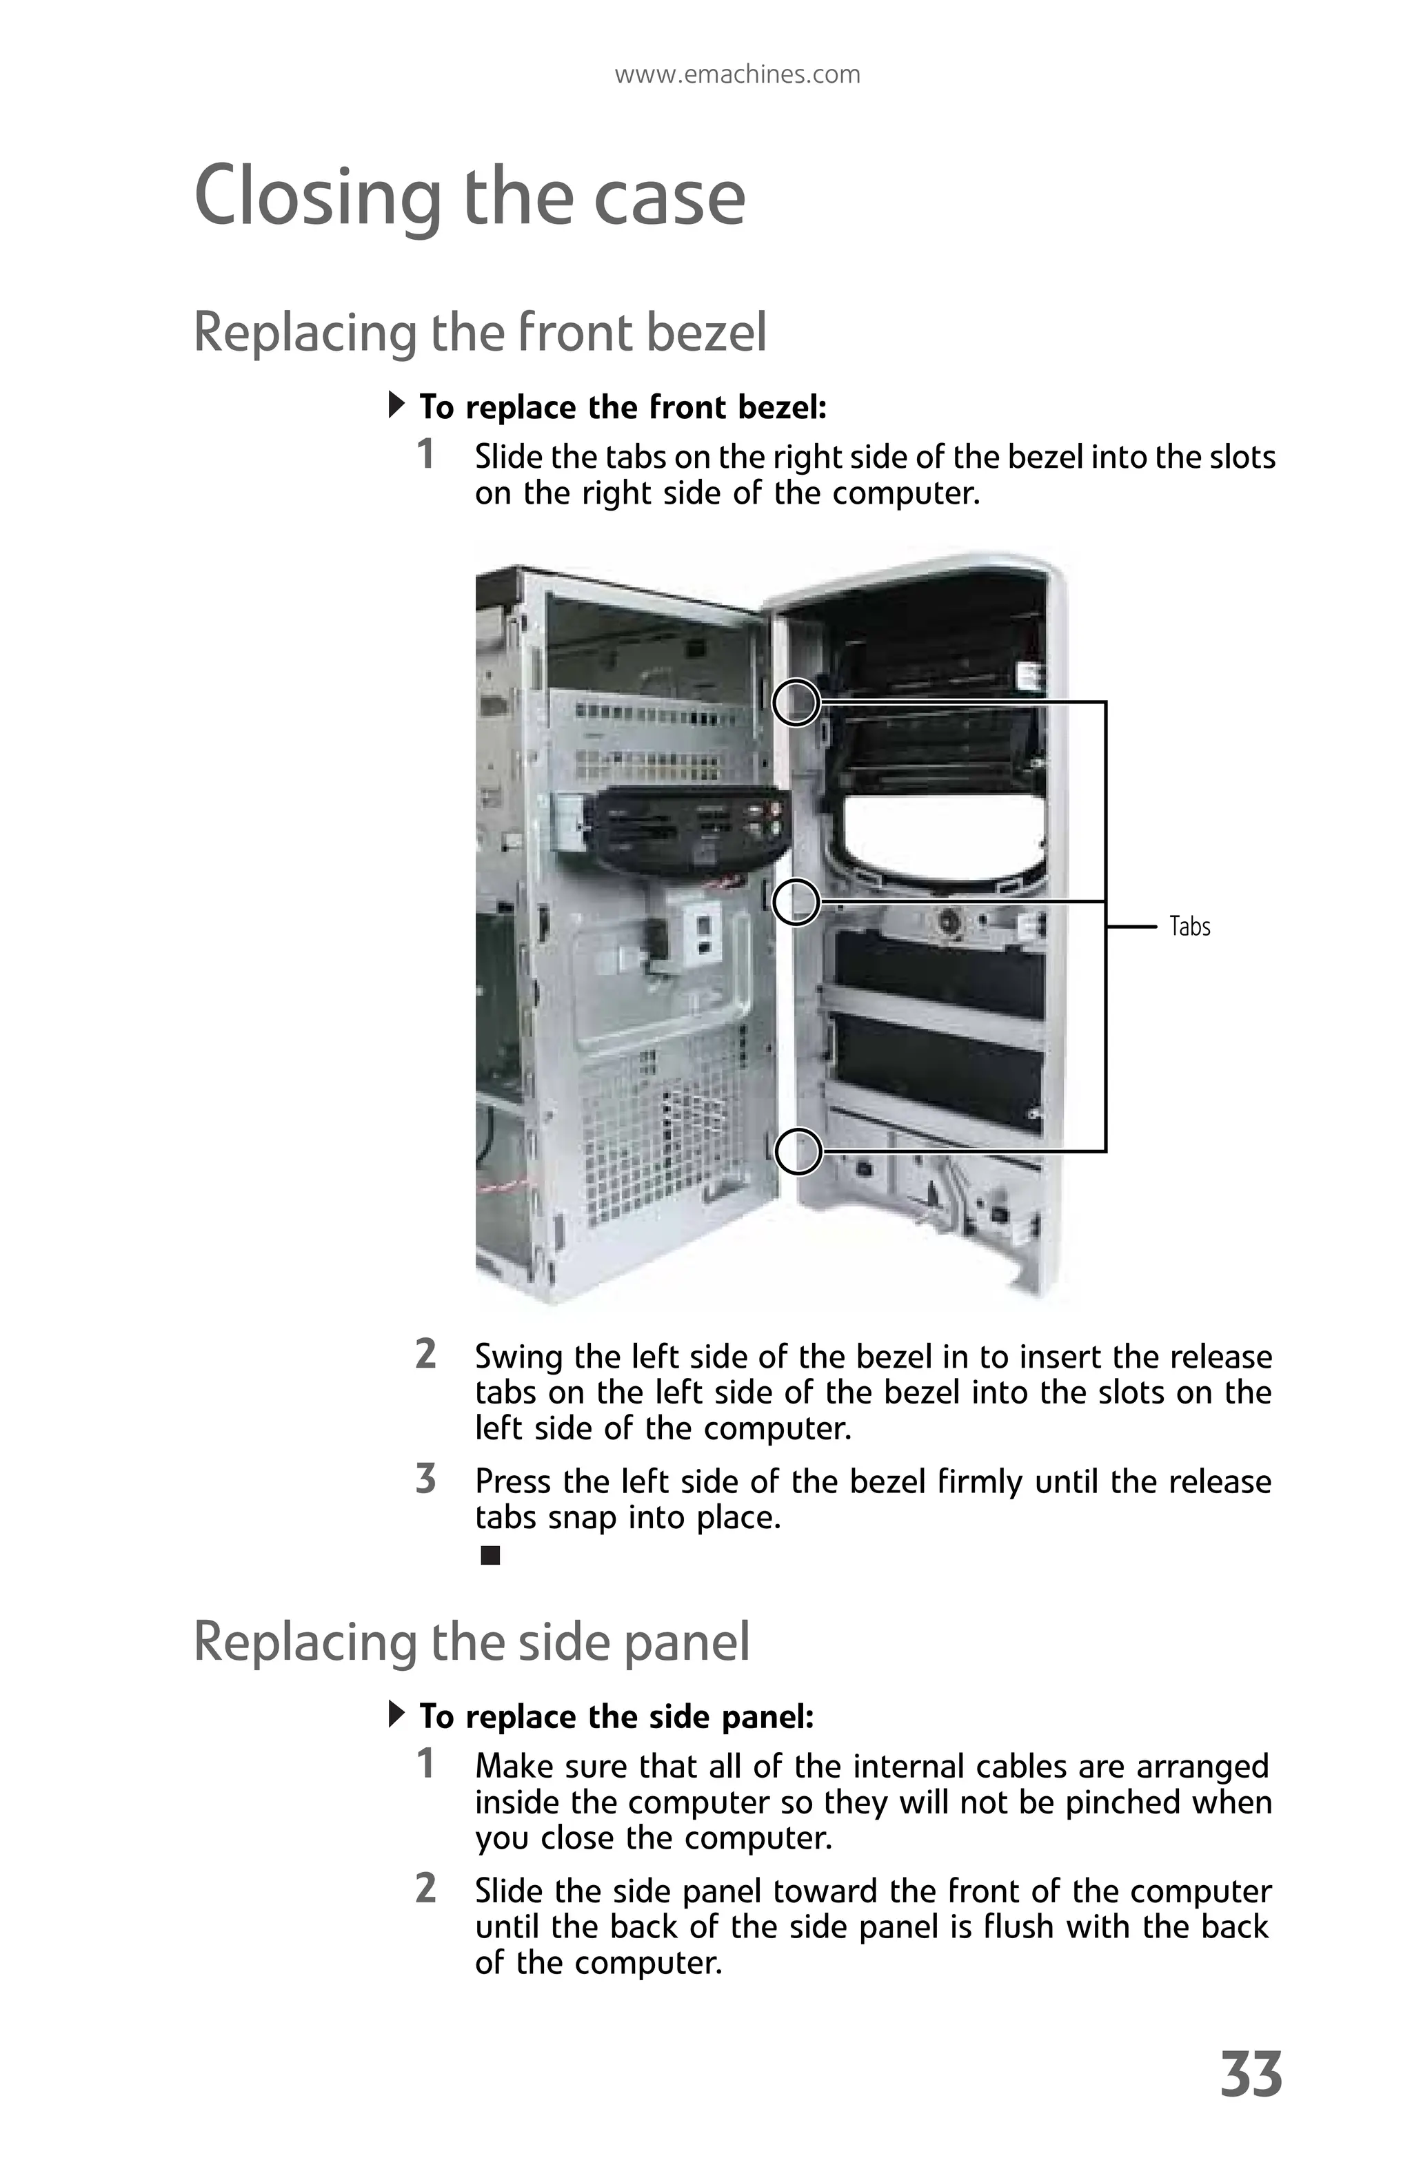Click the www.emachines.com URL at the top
(737, 74)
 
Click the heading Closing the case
(469, 197)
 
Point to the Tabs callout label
(1189, 927)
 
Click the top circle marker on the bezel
(796, 703)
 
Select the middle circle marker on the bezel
(796, 901)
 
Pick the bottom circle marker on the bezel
(798, 1151)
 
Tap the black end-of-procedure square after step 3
(490, 1555)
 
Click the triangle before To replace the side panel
(396, 1713)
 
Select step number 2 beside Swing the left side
(425, 1354)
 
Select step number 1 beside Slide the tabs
(425, 454)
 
